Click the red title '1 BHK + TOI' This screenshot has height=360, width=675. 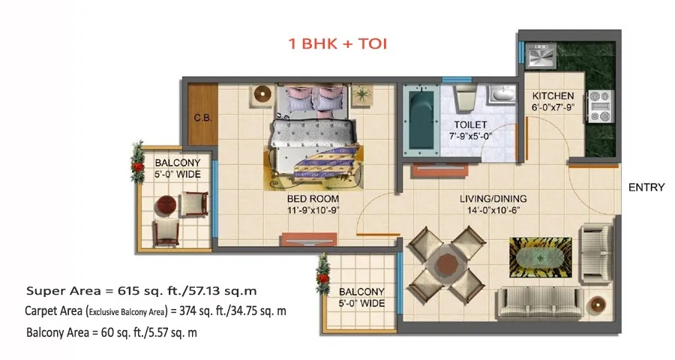[337, 43]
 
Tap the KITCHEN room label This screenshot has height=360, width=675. [553, 95]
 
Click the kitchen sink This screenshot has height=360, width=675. [541, 55]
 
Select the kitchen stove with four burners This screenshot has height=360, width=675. [601, 106]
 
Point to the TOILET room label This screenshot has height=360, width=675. [470, 125]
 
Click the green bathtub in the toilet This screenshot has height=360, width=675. [418, 119]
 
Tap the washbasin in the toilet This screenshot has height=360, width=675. [502, 94]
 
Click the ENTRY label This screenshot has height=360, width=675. [646, 187]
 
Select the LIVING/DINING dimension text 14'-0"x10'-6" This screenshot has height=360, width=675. [493, 210]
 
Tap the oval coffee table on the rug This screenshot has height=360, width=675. [541, 258]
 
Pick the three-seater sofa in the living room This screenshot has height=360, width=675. [540, 303]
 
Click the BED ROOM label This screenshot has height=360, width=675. [313, 199]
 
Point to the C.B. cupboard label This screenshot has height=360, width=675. [202, 118]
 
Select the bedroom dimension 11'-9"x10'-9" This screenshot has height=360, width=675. [313, 210]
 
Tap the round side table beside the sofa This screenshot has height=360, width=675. [598, 304]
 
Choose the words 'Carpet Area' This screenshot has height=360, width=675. [53, 310]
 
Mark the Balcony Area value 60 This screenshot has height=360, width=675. [106, 332]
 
